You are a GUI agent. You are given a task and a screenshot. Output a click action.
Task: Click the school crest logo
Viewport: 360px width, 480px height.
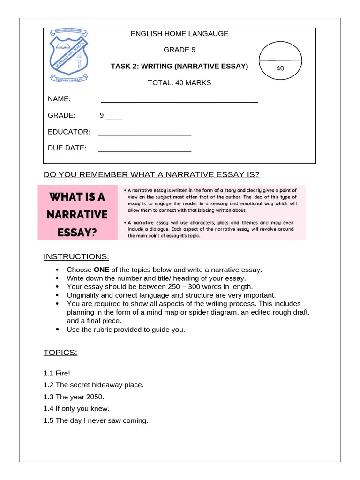(69, 55)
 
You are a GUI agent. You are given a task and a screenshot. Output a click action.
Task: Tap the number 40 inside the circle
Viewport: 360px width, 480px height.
(280, 68)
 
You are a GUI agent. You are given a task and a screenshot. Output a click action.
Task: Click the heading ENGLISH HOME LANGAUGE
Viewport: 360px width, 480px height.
(180, 34)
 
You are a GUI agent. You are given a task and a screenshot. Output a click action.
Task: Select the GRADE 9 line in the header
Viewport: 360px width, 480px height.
(180, 50)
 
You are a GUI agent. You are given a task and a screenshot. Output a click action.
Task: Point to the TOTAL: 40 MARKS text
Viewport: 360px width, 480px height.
(180, 83)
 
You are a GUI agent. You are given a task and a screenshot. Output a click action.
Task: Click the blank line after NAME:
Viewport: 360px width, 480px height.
(179, 101)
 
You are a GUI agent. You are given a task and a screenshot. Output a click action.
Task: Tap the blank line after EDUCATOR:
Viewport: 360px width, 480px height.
(145, 134)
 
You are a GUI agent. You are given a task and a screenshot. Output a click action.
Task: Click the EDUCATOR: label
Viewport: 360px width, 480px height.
(69, 132)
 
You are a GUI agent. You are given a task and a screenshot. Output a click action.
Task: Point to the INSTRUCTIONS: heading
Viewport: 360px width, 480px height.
(76, 256)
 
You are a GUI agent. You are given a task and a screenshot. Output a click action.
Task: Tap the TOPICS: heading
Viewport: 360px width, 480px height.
(60, 352)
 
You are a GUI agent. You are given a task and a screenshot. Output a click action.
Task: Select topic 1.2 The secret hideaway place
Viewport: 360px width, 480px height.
(93, 385)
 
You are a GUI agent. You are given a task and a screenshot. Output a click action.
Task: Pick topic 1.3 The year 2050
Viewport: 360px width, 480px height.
(74, 397)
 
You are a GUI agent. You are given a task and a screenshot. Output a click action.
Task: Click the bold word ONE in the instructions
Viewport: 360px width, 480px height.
(102, 270)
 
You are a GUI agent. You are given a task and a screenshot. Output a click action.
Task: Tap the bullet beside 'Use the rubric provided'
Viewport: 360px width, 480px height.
(57, 330)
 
